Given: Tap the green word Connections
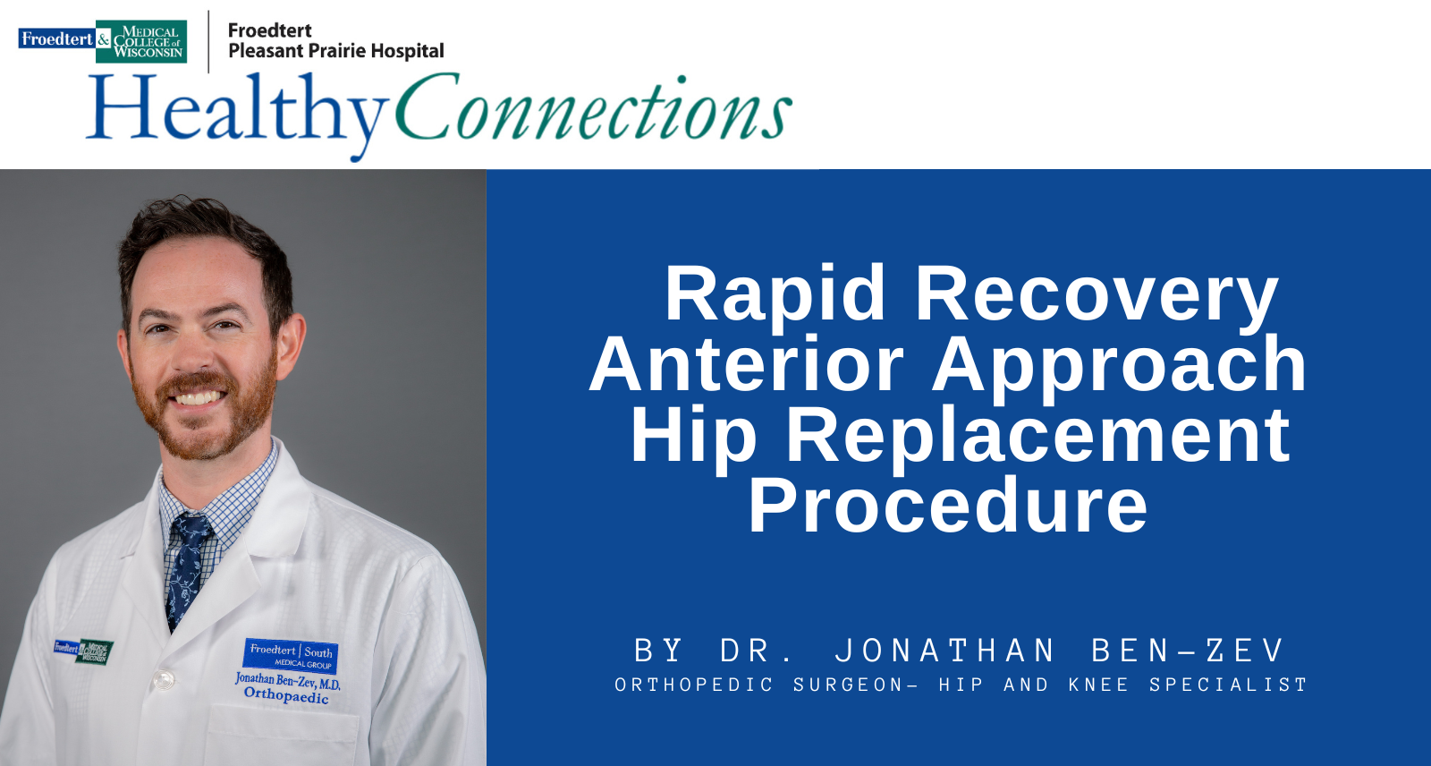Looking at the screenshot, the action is pyautogui.click(x=594, y=107).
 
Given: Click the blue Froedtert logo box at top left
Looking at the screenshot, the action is pyautogui.click(x=57, y=38).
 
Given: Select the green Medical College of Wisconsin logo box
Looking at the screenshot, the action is pyautogui.click(x=141, y=41).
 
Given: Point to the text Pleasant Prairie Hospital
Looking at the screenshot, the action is pyautogui.click(x=336, y=51).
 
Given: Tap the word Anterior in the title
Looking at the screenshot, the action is pyautogui.click(x=746, y=363).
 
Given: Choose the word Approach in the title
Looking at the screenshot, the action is pyautogui.click(x=1119, y=368).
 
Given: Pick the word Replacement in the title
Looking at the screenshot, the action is pyautogui.click(x=1038, y=435).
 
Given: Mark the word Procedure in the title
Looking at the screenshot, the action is pyautogui.click(x=948, y=505).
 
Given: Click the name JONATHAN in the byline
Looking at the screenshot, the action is pyautogui.click(x=944, y=651).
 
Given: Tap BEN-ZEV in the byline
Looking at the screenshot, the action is pyautogui.click(x=1187, y=651).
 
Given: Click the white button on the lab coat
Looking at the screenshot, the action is pyautogui.click(x=164, y=680).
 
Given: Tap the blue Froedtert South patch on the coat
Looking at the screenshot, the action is pyautogui.click(x=290, y=655).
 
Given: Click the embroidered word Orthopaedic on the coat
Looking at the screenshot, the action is pyautogui.click(x=286, y=695).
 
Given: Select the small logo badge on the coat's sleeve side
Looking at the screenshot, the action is pyautogui.click(x=84, y=651).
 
